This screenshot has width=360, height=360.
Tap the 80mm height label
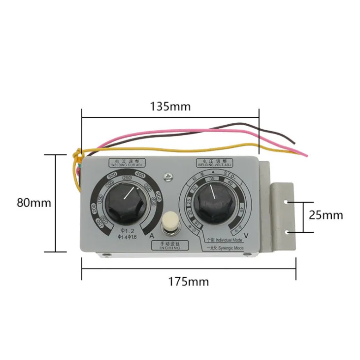point(33,203)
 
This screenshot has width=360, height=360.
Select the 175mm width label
point(188,282)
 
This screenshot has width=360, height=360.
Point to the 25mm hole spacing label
point(326,215)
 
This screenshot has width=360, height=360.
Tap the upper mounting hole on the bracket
point(287,201)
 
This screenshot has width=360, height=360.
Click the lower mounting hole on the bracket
point(287,231)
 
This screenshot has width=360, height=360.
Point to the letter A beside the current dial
point(152,236)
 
